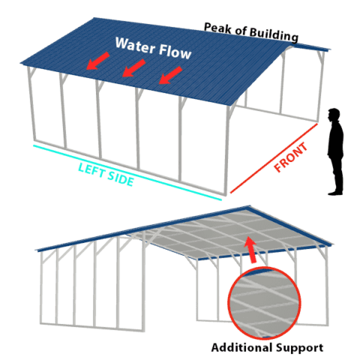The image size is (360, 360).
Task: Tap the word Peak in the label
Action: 218,28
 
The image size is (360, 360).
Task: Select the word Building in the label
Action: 274,34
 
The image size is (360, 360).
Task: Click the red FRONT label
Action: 290,157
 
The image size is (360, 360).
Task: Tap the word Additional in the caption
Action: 241,347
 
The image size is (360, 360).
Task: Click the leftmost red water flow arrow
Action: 97,61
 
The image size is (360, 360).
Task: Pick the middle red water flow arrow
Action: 133,68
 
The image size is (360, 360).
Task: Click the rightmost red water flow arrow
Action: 170,75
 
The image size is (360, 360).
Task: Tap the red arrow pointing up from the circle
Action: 250,250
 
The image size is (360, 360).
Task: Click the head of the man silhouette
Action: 334,115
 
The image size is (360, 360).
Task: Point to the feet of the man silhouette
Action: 335,193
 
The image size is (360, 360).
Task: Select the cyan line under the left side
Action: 127,172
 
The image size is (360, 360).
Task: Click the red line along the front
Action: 274,158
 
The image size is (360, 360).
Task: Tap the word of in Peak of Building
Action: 241,31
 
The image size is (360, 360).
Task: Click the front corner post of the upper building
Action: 227,150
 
